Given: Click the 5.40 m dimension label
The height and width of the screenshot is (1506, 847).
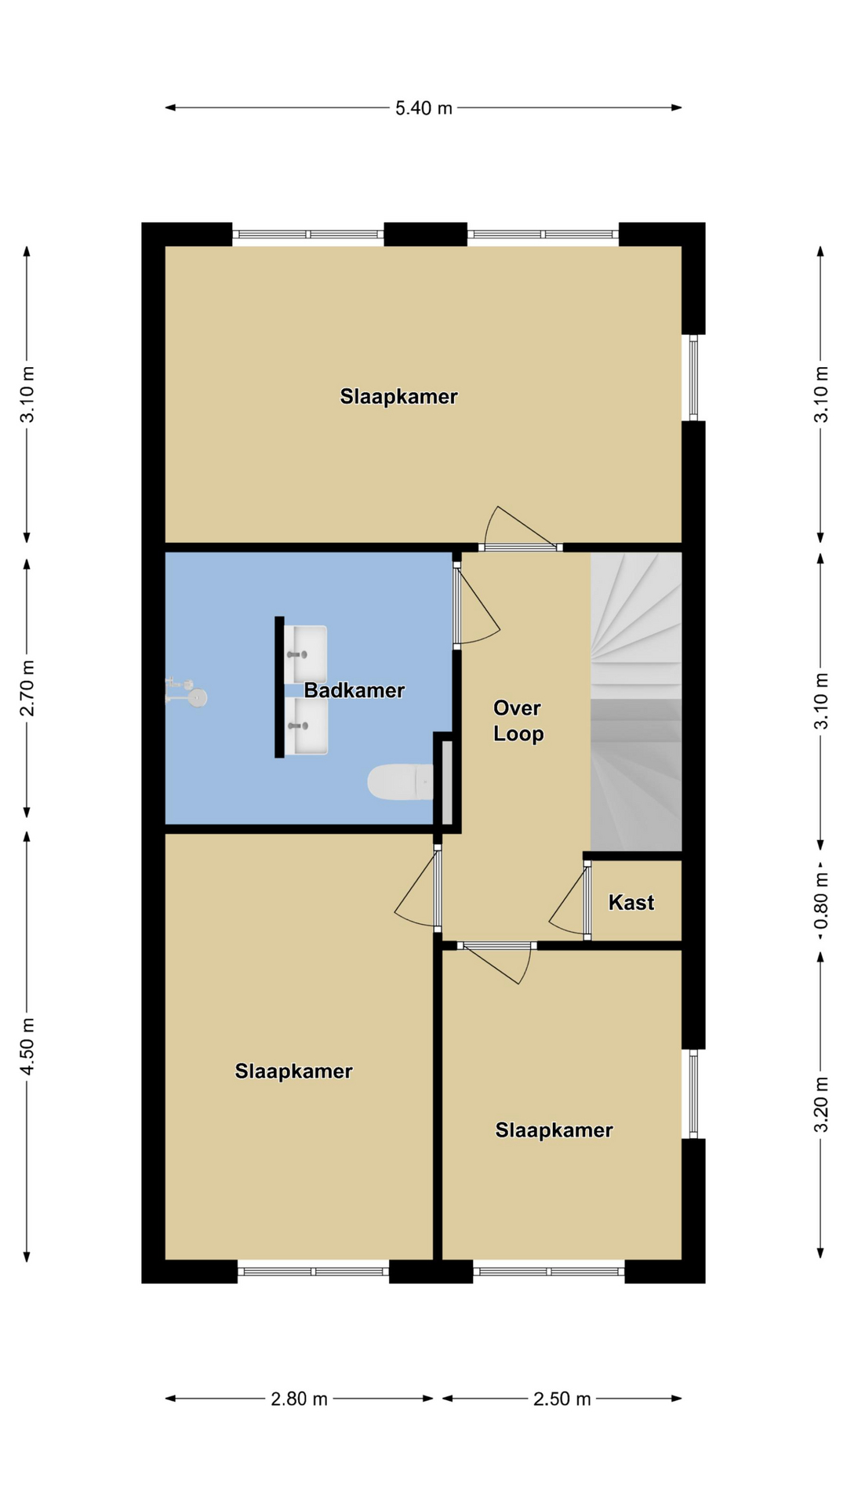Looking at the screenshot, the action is [x=423, y=108].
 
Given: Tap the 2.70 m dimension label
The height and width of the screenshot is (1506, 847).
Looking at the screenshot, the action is [x=27, y=688].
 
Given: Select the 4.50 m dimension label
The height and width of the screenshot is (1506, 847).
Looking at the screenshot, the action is [x=27, y=1046].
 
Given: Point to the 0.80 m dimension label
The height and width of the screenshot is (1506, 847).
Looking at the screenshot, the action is [x=820, y=900].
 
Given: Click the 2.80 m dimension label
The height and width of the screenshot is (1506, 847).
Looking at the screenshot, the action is [x=299, y=1399].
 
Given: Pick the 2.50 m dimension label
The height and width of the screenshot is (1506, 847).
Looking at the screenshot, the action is [x=562, y=1399].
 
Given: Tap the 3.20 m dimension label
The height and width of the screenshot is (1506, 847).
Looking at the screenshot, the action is [x=820, y=1104].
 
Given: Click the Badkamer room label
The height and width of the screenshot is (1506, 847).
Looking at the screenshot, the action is [x=354, y=690].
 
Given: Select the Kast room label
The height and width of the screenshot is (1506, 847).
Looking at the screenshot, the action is [x=631, y=902].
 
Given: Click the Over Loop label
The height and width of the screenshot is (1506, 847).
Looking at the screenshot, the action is [x=518, y=721].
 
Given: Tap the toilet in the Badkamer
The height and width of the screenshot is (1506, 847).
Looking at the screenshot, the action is [x=400, y=782].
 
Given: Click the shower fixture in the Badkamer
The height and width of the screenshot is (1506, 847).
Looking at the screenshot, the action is [x=187, y=693].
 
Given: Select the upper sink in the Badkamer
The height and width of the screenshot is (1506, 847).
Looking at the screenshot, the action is [x=306, y=654].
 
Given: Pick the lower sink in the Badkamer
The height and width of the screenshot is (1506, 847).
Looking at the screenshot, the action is [x=306, y=726].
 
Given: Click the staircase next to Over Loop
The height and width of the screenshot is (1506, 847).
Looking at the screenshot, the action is [x=636, y=701].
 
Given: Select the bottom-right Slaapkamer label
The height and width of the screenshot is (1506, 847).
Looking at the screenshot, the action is [x=554, y=1129].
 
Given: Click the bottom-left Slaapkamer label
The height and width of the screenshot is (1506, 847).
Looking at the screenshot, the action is [x=293, y=1071].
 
